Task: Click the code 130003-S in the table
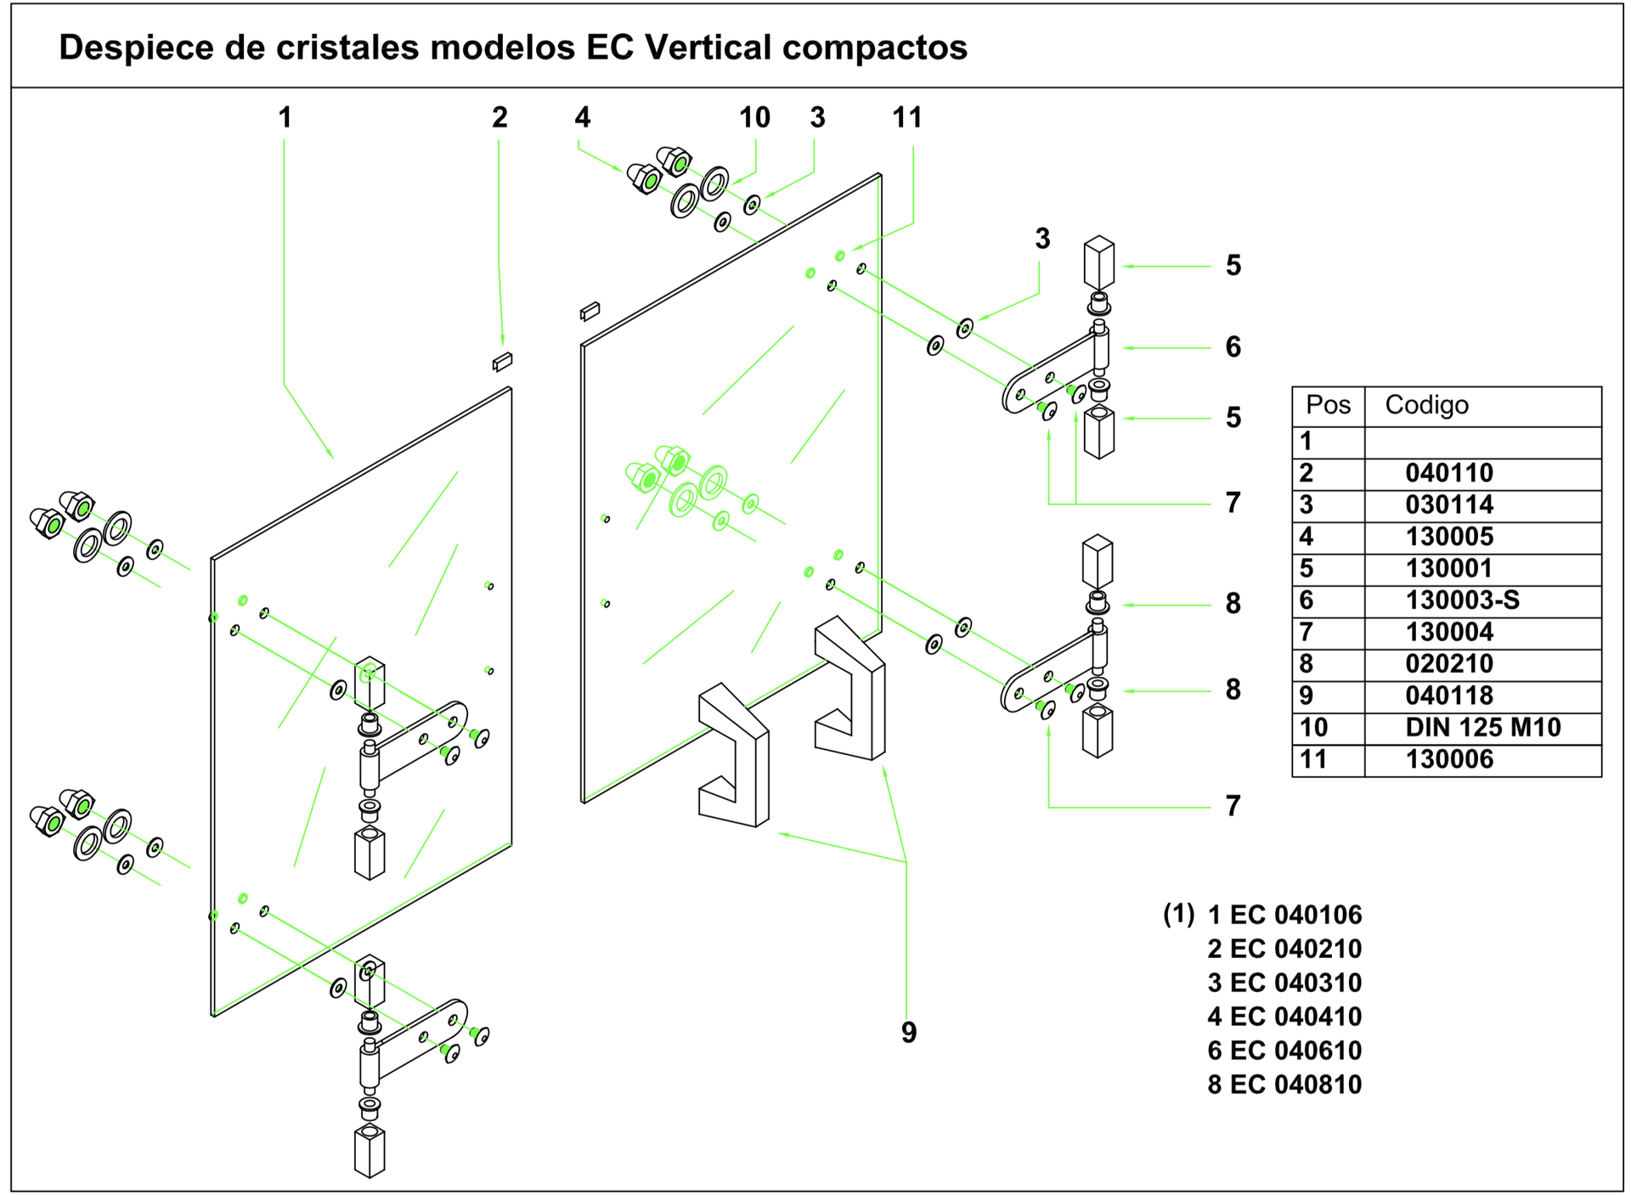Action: click(1462, 600)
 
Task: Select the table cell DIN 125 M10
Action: click(1482, 727)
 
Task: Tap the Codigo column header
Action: click(1426, 404)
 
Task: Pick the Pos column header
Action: click(1328, 404)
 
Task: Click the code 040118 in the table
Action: click(1449, 696)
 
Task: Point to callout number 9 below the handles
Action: click(909, 1032)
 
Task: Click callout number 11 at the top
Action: click(907, 117)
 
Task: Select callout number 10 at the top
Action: click(754, 117)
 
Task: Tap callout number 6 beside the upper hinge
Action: click(1233, 347)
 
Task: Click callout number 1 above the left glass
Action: click(285, 117)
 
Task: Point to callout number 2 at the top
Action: click(499, 117)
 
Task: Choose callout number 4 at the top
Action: click(583, 117)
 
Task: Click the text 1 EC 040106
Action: click(1284, 915)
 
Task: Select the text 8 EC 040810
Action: click(1284, 1085)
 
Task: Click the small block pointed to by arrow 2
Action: click(502, 362)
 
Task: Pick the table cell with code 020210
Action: click(1449, 663)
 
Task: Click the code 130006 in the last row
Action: click(1449, 759)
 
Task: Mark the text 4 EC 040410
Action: click(1284, 1017)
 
